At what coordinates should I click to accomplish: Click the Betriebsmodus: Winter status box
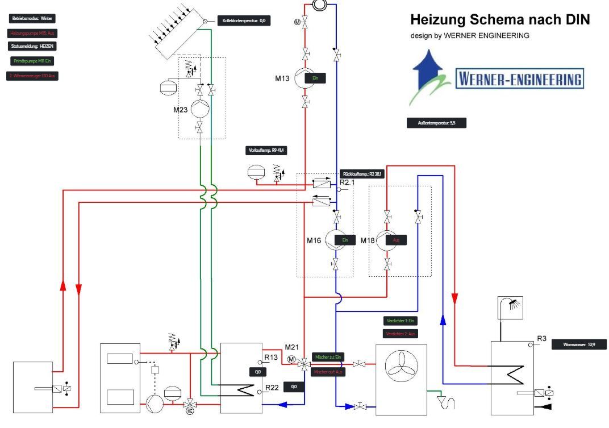tap(32, 19)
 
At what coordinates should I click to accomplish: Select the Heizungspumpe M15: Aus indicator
tap(32, 34)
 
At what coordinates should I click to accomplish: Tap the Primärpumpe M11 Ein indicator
tap(32, 61)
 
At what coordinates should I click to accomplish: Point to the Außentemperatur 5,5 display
tap(436, 123)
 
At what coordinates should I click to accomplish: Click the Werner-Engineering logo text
tap(520, 79)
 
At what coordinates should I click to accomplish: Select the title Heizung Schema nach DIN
tap(500, 20)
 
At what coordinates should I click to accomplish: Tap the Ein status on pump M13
tap(315, 79)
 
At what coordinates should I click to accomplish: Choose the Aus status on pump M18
tap(396, 240)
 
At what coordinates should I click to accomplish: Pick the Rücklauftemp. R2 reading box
tap(362, 174)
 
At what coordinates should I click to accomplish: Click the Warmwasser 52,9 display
tap(578, 344)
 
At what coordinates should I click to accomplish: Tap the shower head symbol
tap(510, 308)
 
